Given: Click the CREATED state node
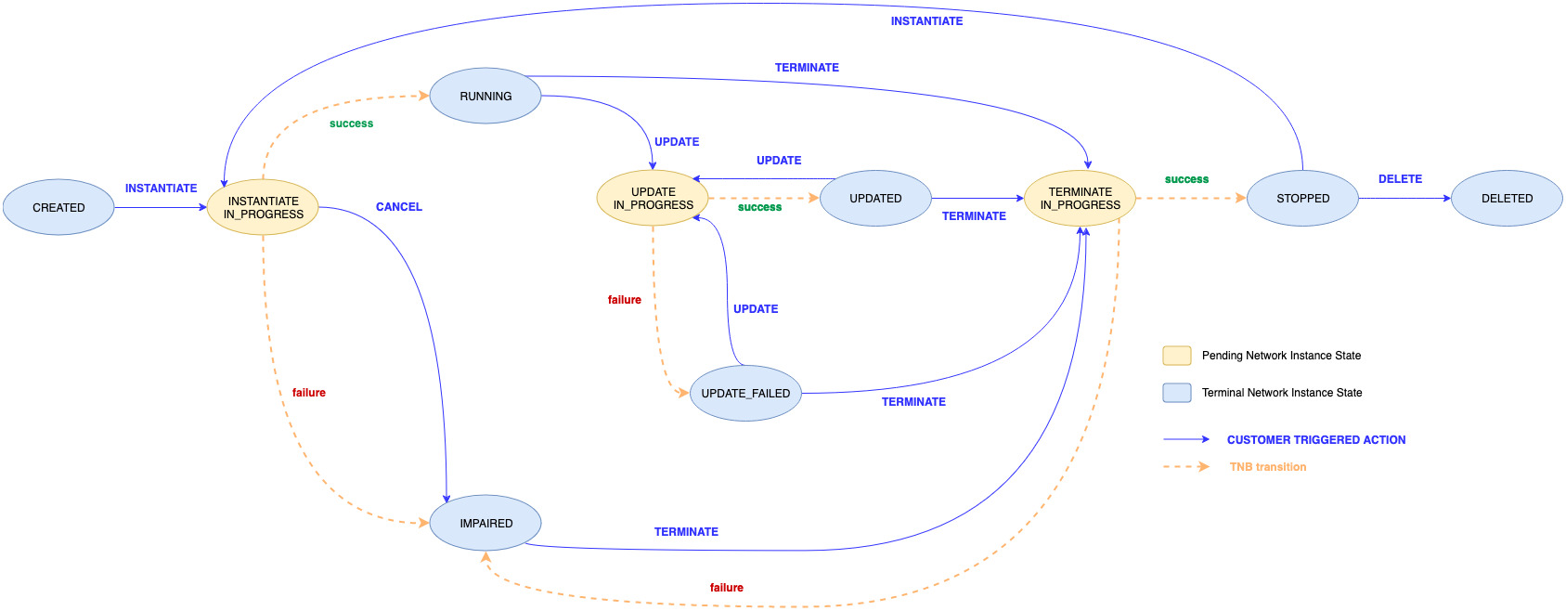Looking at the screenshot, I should click(x=58, y=207).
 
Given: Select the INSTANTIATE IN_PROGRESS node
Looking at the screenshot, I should click(x=263, y=207).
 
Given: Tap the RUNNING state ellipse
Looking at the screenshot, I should click(x=485, y=96).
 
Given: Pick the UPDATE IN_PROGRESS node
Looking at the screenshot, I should click(x=653, y=198).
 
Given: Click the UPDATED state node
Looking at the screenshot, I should click(x=875, y=198).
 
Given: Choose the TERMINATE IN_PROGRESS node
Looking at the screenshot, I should click(x=1080, y=198).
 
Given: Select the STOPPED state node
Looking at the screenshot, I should click(x=1302, y=198).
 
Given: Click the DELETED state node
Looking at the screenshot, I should click(x=1507, y=198).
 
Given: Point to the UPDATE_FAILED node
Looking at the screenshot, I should click(x=745, y=393).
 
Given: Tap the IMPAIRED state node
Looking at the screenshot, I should click(x=485, y=523).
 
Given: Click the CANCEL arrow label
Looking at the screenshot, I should click(x=399, y=207).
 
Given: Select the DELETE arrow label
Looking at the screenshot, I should click(x=1400, y=179).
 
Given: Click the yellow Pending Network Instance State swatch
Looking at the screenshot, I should click(x=1177, y=356).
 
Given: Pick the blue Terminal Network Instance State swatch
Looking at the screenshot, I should click(x=1177, y=393).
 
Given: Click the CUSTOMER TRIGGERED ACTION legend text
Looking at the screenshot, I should click(x=1316, y=440).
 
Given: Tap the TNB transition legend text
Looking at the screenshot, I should click(x=1268, y=467).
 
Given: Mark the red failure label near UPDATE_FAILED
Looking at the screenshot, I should click(x=625, y=300).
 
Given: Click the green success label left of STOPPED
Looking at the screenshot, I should click(x=1186, y=179).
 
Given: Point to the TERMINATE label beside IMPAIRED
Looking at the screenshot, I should click(x=686, y=532).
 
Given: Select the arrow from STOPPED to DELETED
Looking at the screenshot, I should click(x=1404, y=198).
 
